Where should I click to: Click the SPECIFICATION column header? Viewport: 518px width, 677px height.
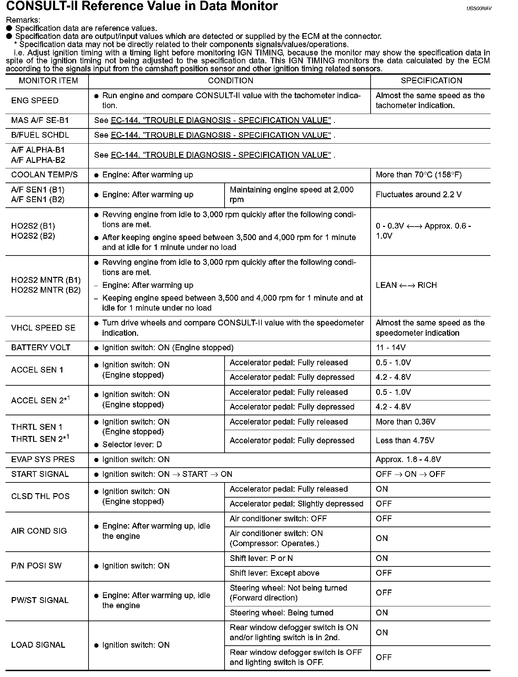coord(431,81)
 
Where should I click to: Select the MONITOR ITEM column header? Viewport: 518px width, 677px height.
coord(48,81)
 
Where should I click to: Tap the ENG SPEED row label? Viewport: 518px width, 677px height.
coord(35,101)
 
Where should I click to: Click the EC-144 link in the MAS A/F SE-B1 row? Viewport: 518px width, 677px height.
coord(220,121)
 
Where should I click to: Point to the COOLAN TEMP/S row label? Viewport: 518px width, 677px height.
coord(44,175)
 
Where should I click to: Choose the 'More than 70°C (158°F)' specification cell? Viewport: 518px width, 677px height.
coord(418,175)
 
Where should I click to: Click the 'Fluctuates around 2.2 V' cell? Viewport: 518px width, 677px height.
coord(418,195)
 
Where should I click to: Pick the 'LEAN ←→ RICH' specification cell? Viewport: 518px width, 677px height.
coord(406,285)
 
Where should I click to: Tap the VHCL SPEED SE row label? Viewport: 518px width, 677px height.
coord(43,328)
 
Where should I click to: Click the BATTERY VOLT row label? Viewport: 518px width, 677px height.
coord(41,348)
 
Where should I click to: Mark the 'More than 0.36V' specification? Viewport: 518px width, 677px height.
coord(405,422)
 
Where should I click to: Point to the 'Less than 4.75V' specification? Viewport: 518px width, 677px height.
coord(405,441)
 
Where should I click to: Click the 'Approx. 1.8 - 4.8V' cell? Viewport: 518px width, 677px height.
coord(408,460)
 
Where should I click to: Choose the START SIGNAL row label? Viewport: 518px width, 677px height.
coord(40,475)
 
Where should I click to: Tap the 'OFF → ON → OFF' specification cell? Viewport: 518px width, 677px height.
coord(410,475)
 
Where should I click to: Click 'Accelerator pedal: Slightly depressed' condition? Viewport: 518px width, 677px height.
coord(296,504)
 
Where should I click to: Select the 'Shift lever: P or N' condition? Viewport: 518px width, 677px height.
coord(261,559)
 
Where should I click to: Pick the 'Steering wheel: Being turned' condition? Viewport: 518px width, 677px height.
coord(281,613)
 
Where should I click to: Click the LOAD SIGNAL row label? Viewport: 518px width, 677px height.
coord(38,645)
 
